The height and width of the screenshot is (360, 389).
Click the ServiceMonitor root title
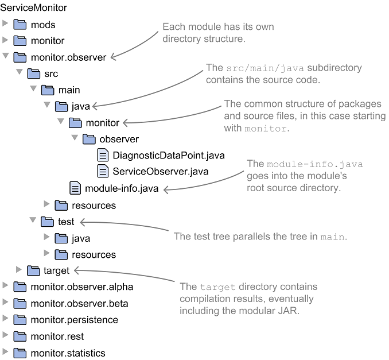[x=33, y=8]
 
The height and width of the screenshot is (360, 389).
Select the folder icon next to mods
[x=20, y=25]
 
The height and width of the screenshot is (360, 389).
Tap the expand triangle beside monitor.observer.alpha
[x=6, y=287]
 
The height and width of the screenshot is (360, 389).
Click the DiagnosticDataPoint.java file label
[x=168, y=155]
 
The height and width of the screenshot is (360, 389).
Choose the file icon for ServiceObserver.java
[x=103, y=171]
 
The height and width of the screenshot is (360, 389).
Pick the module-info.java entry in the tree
[x=121, y=188]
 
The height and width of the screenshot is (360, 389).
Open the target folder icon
[x=34, y=270]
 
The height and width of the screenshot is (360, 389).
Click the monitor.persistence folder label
[x=74, y=320]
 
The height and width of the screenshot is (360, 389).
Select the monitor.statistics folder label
[x=68, y=353]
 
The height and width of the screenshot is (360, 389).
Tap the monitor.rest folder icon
[x=20, y=336]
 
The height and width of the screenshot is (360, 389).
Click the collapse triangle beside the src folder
[x=20, y=73]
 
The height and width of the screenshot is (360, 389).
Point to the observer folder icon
[x=89, y=139]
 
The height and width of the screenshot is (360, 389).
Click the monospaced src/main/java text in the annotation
[x=259, y=68]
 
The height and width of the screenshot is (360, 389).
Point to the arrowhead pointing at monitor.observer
[x=112, y=57]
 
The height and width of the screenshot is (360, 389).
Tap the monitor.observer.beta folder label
[x=79, y=303]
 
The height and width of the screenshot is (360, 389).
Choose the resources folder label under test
[x=94, y=254]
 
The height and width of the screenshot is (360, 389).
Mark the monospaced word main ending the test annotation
[x=332, y=237]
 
